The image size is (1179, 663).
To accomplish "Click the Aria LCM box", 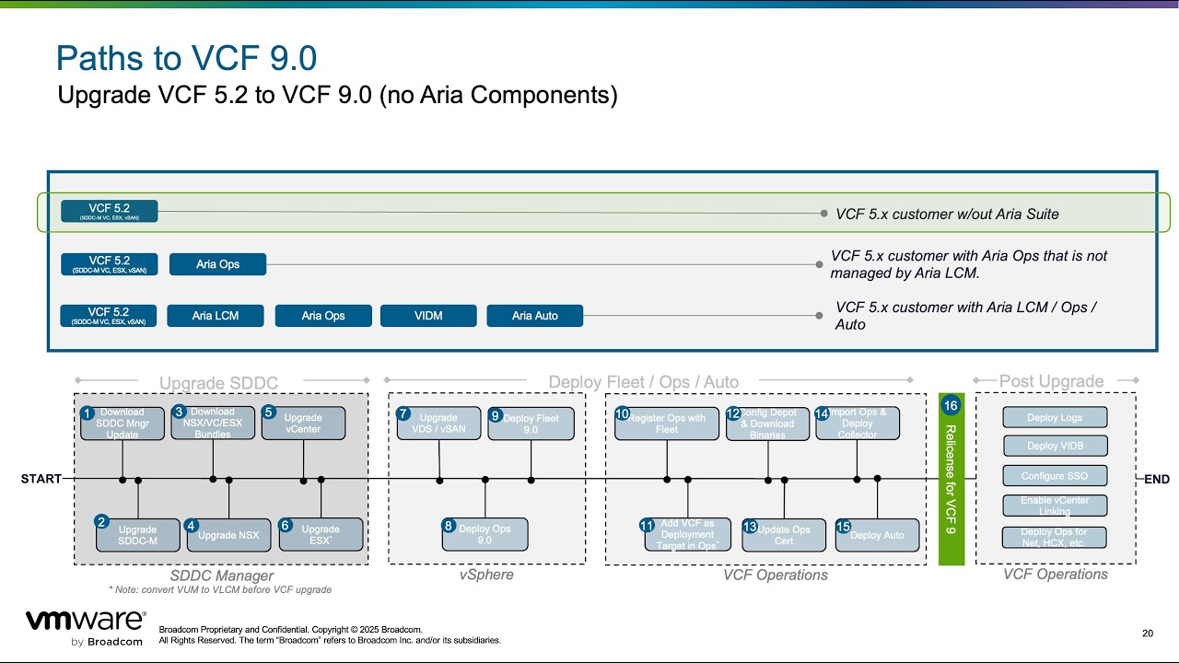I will (216, 316).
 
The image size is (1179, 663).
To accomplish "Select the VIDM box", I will (428, 316).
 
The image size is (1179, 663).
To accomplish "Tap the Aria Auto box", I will (535, 316).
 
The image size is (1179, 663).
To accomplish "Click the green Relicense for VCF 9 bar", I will (951, 488).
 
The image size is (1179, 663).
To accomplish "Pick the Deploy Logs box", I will (1055, 418).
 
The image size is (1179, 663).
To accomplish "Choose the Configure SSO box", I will (1055, 477).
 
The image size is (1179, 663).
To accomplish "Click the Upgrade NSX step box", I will (228, 535).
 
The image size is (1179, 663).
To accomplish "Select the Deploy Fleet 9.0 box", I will (531, 424).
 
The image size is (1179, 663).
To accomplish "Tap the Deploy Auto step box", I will (877, 535).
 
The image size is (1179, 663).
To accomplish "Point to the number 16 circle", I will (951, 406).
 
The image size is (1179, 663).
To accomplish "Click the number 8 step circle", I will (449, 526).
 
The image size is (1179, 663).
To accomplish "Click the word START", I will (41, 479).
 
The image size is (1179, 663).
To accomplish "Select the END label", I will (1157, 479).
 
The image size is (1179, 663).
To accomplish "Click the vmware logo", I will (85, 622).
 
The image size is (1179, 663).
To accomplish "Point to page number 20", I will (1147, 633).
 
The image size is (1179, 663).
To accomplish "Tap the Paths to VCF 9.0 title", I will (187, 59).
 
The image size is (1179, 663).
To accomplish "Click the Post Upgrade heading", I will (1051, 381).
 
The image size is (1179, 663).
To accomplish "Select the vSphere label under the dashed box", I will (486, 575).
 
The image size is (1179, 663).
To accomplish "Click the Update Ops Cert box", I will (784, 535).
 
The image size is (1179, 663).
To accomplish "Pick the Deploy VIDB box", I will (1055, 447).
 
